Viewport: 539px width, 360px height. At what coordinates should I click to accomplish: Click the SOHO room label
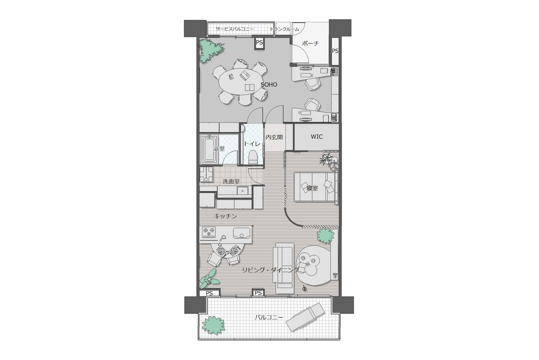click(x=269, y=85)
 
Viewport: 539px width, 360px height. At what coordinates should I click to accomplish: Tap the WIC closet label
click(x=317, y=137)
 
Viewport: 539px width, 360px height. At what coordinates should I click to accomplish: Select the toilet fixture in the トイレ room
click(x=252, y=157)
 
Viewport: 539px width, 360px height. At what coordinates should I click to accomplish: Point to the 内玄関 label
click(x=274, y=137)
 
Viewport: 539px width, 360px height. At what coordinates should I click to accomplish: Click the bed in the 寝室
click(x=315, y=187)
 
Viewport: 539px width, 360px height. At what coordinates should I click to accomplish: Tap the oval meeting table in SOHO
click(x=240, y=82)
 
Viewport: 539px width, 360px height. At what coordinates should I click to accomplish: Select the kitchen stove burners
click(x=209, y=232)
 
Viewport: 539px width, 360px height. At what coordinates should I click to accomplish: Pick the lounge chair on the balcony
click(x=305, y=317)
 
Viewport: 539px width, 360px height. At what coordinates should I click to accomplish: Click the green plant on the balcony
click(x=213, y=325)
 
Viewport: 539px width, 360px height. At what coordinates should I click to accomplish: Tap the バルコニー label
click(x=269, y=317)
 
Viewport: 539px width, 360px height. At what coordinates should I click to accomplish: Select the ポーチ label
click(x=310, y=43)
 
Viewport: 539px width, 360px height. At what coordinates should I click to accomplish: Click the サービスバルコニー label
click(x=234, y=29)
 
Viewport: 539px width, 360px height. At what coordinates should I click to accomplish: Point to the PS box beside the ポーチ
click(x=335, y=51)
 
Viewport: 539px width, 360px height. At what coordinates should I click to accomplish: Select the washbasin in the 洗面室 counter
click(x=242, y=191)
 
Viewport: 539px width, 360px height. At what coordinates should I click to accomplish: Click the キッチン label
click(x=225, y=216)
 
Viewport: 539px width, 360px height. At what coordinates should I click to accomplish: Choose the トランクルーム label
click(x=284, y=29)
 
